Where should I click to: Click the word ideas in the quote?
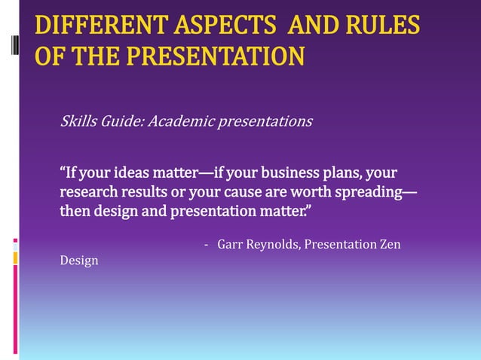click(130, 173)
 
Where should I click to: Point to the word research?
click(87, 192)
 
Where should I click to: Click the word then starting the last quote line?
click(75, 211)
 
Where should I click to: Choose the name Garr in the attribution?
click(229, 245)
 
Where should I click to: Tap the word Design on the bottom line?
click(78, 261)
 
